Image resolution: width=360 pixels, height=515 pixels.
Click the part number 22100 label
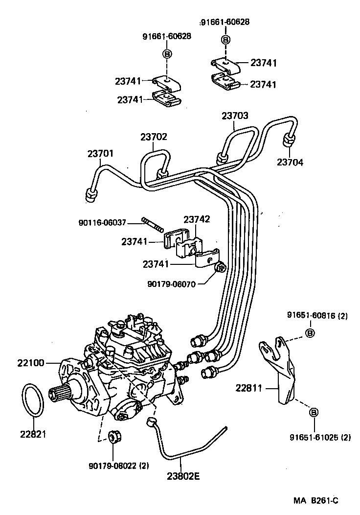tap(31, 363)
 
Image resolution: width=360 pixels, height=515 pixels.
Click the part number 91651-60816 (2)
tap(317, 316)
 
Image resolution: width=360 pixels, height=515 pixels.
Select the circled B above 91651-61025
tap(314, 412)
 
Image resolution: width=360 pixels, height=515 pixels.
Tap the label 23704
tap(290, 162)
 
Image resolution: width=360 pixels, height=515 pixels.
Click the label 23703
tap(235, 116)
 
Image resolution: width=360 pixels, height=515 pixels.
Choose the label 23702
tap(154, 137)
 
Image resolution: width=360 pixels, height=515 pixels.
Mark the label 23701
tap(100, 153)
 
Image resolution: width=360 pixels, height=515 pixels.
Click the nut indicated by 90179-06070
tap(220, 267)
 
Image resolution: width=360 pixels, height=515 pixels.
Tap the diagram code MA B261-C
tap(315, 500)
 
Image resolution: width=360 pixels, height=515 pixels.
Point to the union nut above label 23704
tap(289, 141)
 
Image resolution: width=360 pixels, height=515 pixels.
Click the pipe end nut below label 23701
tap(90, 194)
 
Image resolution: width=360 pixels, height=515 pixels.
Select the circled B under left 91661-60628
tap(167, 54)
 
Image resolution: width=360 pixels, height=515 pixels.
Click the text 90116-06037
tap(102, 223)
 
